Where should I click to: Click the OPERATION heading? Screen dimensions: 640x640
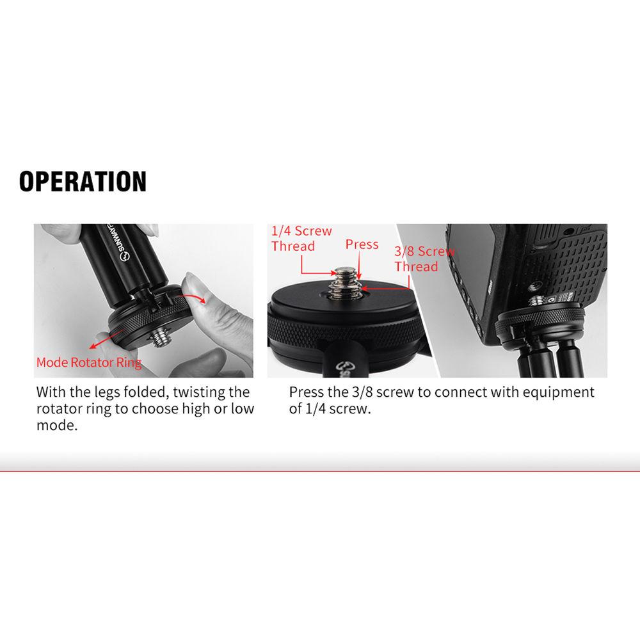[x=83, y=182]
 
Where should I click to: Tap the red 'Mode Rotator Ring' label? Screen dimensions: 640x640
[x=89, y=363]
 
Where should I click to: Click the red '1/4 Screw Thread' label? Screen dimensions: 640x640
[x=301, y=239]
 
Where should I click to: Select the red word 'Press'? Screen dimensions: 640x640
[x=362, y=244]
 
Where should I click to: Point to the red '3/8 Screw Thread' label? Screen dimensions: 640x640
[x=424, y=259]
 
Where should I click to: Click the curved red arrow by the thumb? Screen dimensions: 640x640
[x=197, y=298]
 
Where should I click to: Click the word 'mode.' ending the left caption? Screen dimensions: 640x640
[x=57, y=425]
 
